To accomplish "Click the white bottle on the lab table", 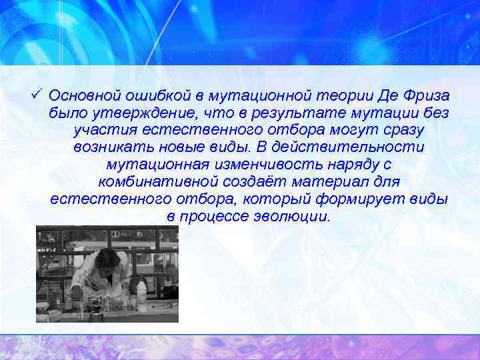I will [141, 293].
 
